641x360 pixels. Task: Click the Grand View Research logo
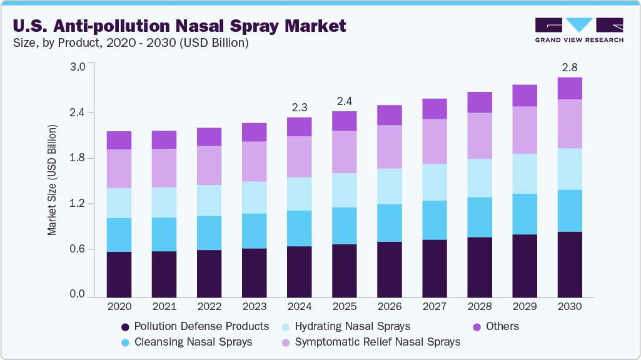578,29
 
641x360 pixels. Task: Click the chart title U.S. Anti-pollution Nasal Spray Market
179,26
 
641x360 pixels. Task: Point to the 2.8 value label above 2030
570,67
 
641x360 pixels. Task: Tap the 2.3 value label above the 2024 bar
299,107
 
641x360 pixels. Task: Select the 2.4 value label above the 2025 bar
344,101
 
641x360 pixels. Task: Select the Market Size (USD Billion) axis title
53,180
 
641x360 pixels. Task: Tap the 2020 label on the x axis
119,307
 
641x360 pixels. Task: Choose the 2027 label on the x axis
434,307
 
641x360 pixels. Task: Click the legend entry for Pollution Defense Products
194,326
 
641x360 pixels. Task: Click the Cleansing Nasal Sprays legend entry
186,342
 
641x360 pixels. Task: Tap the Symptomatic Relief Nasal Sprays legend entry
371,342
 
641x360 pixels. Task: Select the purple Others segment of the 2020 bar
119,140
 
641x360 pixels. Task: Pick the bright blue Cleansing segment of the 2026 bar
389,222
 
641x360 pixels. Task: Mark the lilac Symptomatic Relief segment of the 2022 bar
209,165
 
